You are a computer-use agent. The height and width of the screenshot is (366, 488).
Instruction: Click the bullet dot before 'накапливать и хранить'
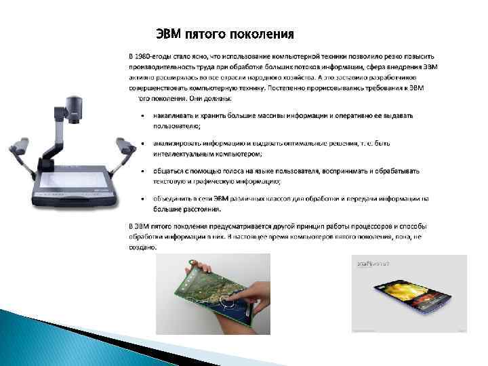pyautogui.click(x=142, y=115)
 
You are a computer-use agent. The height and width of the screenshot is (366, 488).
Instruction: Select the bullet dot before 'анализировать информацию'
pyautogui.click(x=142, y=144)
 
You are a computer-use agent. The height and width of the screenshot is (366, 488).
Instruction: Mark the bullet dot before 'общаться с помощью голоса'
pyautogui.click(x=142, y=171)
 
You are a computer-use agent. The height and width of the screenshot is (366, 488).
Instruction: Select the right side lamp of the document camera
pyautogui.click(x=124, y=145)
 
